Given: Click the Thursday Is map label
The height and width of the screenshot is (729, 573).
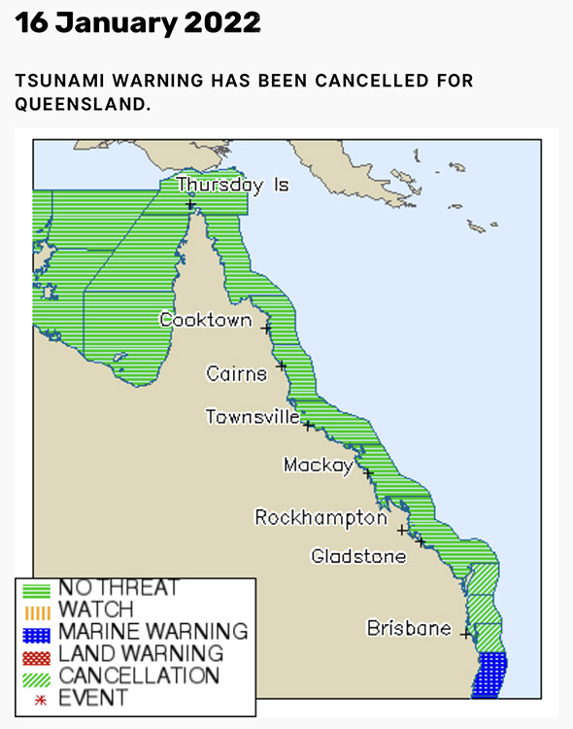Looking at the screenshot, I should (x=232, y=185).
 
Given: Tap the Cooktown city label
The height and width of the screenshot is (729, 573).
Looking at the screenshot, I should (x=205, y=320).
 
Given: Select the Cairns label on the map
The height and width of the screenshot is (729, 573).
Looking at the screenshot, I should (x=236, y=373).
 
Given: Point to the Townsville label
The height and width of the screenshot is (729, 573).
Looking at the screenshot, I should (x=253, y=417).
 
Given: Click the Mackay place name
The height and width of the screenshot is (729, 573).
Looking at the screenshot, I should (x=318, y=466).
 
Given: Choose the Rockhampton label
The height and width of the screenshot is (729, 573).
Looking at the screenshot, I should (x=320, y=518).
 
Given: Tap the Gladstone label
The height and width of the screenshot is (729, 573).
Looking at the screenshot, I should (x=358, y=556).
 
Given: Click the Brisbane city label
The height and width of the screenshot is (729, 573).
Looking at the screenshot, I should (x=408, y=628).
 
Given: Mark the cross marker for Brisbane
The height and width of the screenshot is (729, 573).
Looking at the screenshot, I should (x=466, y=635).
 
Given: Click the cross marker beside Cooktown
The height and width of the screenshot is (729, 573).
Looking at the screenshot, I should (x=266, y=329).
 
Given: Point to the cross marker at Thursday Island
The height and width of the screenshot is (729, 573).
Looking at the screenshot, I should (x=190, y=204).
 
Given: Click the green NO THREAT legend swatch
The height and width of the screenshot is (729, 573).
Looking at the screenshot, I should (x=36, y=589).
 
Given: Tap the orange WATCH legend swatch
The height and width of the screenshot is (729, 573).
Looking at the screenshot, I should (x=36, y=610).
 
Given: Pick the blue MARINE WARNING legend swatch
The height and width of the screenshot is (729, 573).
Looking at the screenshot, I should (x=36, y=633).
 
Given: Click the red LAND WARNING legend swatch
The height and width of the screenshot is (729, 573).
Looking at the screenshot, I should (x=36, y=654).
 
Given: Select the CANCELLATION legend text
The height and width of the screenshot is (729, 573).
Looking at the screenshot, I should (x=139, y=676).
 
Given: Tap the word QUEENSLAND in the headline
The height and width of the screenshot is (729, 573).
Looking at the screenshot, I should (x=82, y=103).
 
